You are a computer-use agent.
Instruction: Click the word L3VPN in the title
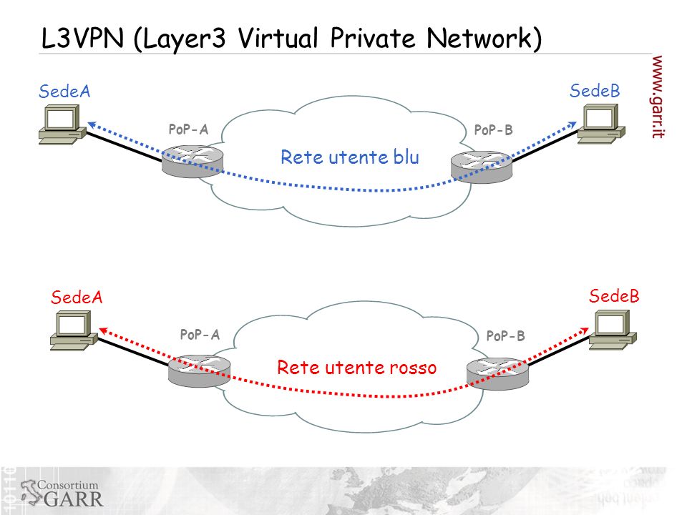pyautogui.click(x=82, y=38)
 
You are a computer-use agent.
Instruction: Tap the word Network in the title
pyautogui.click(x=484, y=38)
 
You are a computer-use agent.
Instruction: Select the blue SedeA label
pyautogui.click(x=64, y=91)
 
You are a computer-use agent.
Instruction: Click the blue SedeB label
pyautogui.click(x=595, y=91)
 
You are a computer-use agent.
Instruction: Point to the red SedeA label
pyautogui.click(x=77, y=298)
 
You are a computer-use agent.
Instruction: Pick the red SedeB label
pyautogui.click(x=614, y=296)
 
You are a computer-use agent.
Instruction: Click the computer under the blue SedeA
pyautogui.click(x=62, y=124)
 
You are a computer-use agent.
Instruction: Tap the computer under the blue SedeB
pyautogui.click(x=601, y=124)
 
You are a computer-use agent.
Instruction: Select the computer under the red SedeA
pyautogui.click(x=74, y=330)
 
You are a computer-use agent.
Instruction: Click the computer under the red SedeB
pyautogui.click(x=613, y=330)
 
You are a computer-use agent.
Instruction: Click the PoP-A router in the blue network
pyautogui.click(x=193, y=162)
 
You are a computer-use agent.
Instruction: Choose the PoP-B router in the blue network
pyautogui.click(x=482, y=167)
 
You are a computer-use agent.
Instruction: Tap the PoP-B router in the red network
pyautogui.click(x=497, y=373)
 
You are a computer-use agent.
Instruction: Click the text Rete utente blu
pyautogui.click(x=350, y=157)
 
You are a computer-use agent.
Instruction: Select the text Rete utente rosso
pyautogui.click(x=356, y=367)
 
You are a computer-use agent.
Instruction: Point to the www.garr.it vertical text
pyautogui.click(x=657, y=97)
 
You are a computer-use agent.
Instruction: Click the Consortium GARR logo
pyautogui.click(x=62, y=493)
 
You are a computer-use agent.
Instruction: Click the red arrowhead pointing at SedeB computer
pyautogui.click(x=585, y=330)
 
